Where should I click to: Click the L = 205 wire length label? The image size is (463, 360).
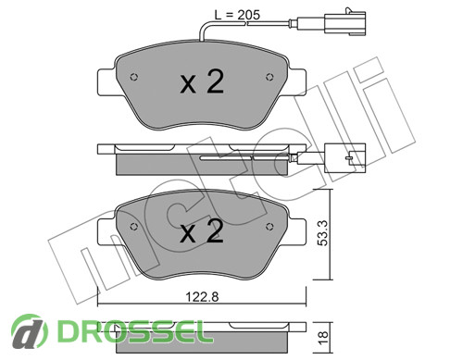(x=237, y=15)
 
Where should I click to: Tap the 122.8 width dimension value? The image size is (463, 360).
(x=202, y=297)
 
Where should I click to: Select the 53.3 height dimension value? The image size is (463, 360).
(x=323, y=233)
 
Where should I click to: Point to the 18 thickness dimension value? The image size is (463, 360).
(x=323, y=338)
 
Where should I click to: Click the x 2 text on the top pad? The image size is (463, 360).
(x=202, y=81)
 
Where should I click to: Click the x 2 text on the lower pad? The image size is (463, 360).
(x=202, y=231)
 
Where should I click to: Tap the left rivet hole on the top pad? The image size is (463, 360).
(x=134, y=77)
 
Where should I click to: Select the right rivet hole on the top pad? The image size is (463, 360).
(x=269, y=77)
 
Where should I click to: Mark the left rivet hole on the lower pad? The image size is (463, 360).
(x=134, y=227)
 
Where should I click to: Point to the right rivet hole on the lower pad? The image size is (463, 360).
(x=269, y=227)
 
